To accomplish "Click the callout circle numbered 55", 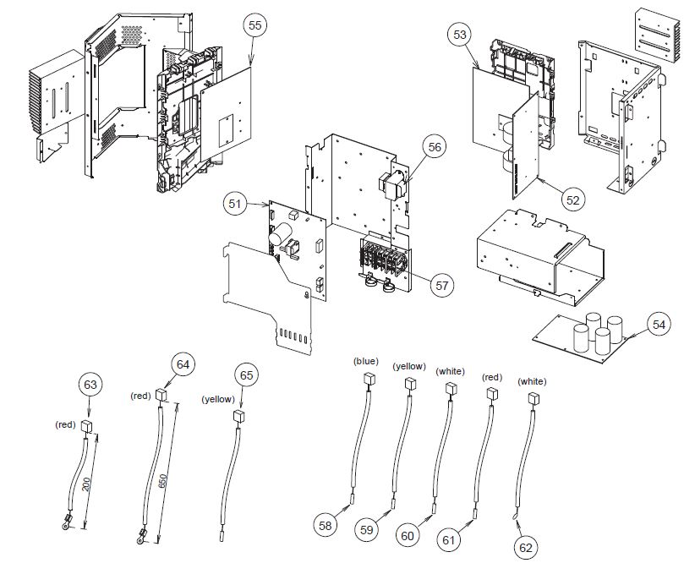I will point(255,26).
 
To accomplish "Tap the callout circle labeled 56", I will point(434,147).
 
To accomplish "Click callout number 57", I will point(441,285).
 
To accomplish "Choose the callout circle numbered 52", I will point(573,200).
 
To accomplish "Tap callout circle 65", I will point(246,375).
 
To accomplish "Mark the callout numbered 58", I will point(325,525).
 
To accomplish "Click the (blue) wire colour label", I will point(367,361).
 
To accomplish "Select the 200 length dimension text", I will point(88,484).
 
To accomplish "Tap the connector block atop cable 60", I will point(450,388).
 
